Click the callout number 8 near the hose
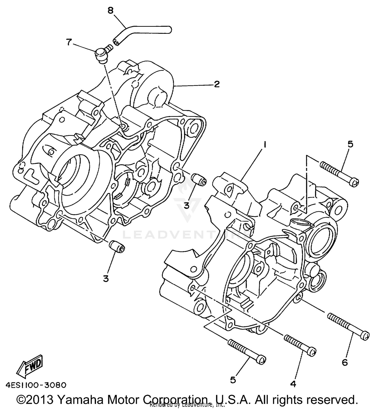click(110, 10)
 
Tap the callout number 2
click(216, 84)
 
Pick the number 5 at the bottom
click(233, 380)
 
